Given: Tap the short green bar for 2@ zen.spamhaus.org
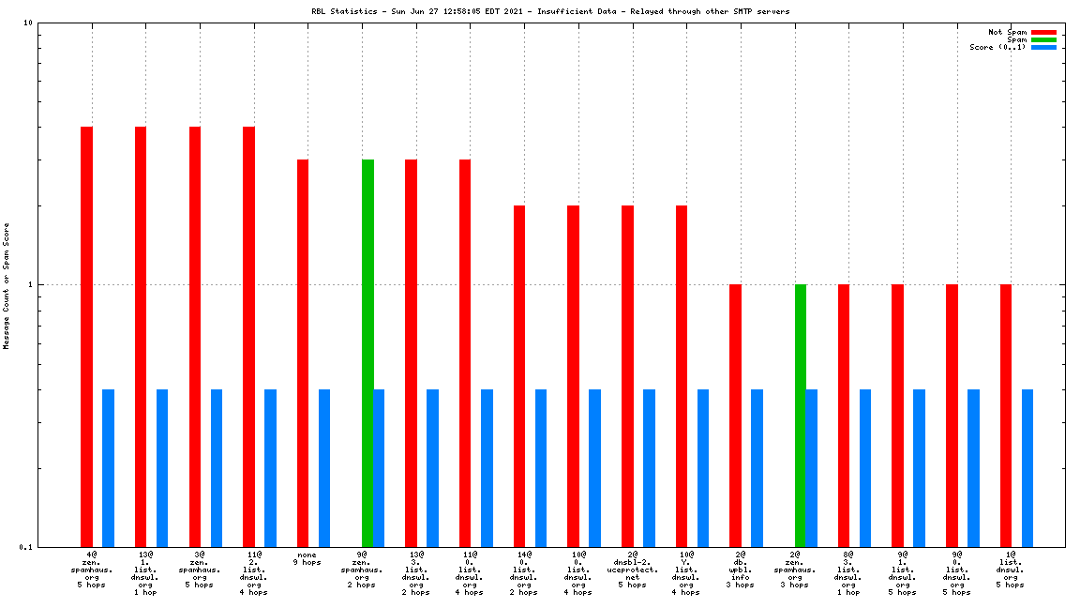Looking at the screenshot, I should coord(801,415).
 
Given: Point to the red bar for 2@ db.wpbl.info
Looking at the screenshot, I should coord(736,415).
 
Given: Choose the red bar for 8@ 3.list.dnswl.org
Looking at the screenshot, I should coord(844,415).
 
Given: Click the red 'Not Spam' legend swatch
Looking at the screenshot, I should coord(1043,32).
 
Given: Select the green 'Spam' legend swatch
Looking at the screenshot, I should coord(1043,39).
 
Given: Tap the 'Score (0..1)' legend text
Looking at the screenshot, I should coord(997,47).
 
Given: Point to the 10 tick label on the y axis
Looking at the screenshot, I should coord(27,23).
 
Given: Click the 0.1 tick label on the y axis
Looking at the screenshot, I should coord(24,547).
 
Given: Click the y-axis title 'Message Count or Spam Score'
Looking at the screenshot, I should coord(7,285).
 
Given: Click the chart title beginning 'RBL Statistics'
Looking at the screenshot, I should coord(550,11).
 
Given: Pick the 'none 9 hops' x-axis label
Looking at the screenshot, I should coord(307,558).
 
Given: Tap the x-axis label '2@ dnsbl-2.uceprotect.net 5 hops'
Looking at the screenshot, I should coord(633,570).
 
